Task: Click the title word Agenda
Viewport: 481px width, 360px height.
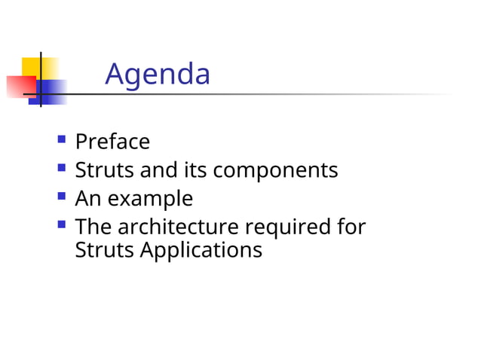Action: pos(158,74)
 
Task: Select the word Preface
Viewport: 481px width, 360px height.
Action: pos(112,142)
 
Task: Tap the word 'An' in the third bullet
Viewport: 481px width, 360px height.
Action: pos(90,199)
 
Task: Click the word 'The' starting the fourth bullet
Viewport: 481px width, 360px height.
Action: pos(93,227)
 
